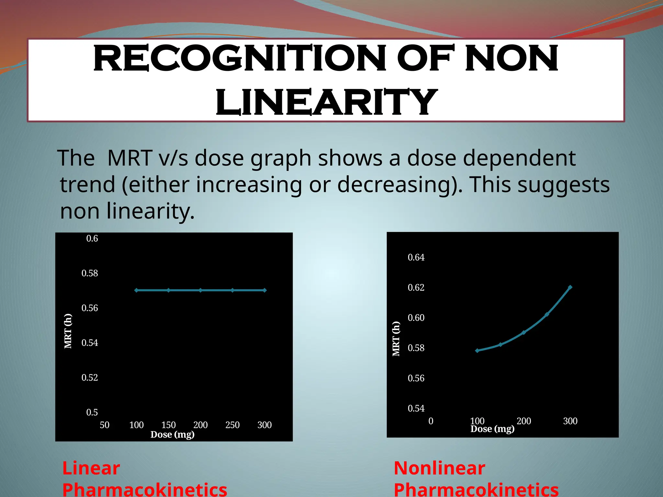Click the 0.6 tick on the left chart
click(92, 238)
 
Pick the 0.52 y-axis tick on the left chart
click(90, 378)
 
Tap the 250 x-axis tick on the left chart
click(232, 425)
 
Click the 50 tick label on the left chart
click(105, 425)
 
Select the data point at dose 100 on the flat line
click(136, 290)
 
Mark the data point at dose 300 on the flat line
click(264, 290)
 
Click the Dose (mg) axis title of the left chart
click(172, 434)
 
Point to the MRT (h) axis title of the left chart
click(68, 331)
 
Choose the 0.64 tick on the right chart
click(416, 258)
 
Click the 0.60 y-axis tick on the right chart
click(416, 318)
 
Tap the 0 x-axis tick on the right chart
click(431, 421)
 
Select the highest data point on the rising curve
click(570, 287)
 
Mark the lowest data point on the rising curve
click(477, 350)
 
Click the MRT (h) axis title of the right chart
click(396, 339)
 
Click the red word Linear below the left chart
click(91, 468)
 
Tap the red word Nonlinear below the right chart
click(439, 468)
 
